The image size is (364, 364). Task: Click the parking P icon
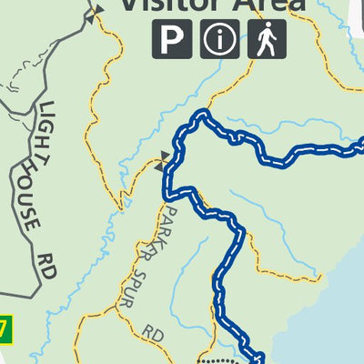[x=172, y=40]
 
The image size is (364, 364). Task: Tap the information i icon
[x=219, y=40]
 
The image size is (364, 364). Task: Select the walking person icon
[x=267, y=40]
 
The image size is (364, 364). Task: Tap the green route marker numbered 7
[x=5, y=327]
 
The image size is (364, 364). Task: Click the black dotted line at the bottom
[x=218, y=360]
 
